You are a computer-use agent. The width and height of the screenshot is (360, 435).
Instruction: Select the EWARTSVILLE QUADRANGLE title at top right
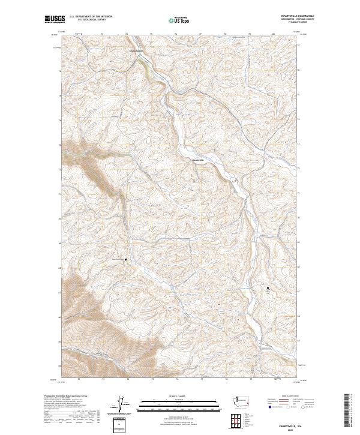[288, 16]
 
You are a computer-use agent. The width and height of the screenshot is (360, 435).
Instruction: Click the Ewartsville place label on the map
[198, 160]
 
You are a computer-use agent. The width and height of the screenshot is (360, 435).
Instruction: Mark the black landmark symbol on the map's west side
[125, 259]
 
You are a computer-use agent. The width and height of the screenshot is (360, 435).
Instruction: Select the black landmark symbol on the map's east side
[268, 289]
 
